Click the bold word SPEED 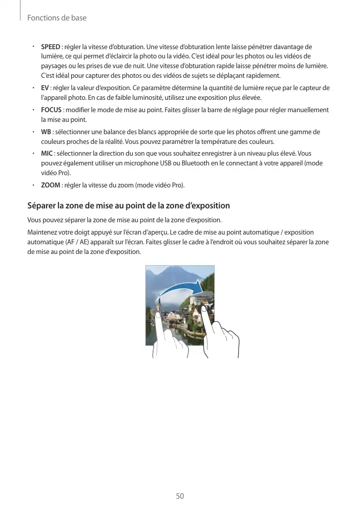click(x=50, y=47)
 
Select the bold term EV click(x=45, y=88)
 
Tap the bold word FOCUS click(x=51, y=110)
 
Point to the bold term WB click(x=46, y=132)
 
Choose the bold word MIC click(x=47, y=153)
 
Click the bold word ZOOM click(x=50, y=184)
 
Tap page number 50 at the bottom click(x=180, y=496)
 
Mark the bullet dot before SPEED click(x=32, y=47)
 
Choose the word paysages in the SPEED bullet click(x=54, y=67)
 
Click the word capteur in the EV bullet click(x=312, y=88)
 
